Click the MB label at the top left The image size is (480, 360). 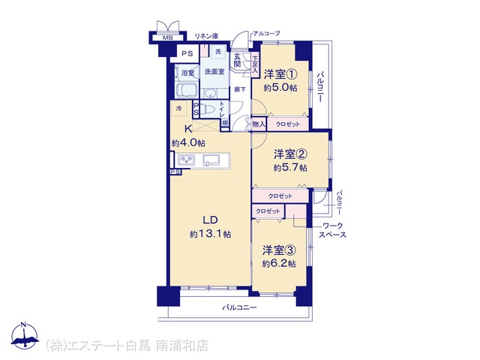[168, 38]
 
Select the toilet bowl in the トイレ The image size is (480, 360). [210, 109]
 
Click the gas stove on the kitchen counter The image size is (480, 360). [187, 160]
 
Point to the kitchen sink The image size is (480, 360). [211, 160]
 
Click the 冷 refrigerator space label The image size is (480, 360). [179, 108]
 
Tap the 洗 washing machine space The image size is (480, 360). [218, 52]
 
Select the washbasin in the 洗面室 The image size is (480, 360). [210, 93]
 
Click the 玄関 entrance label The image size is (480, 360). [237, 60]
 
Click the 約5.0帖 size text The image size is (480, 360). [280, 88]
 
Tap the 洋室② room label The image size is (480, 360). [290, 154]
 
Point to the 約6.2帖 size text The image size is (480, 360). [279, 263]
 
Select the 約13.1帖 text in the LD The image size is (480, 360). [210, 234]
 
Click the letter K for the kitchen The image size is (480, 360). [188, 129]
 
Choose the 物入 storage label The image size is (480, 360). [259, 124]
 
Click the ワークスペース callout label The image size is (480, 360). [332, 230]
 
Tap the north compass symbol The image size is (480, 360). [25, 336]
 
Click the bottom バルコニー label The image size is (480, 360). [239, 307]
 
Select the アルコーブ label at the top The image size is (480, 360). [266, 33]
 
